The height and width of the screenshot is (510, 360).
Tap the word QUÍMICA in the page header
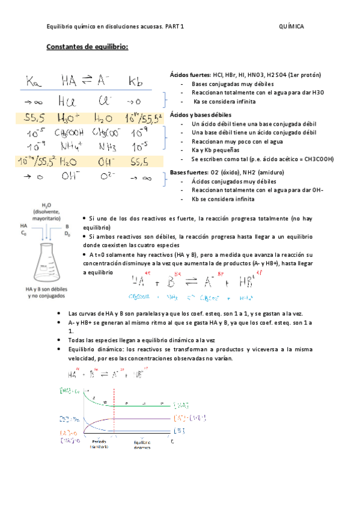coord(291,27)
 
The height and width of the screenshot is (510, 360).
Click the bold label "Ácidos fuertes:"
coord(191,75)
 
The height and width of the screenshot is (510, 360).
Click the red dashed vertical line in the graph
coord(111,415)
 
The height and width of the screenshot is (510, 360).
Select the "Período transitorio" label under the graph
coord(99,444)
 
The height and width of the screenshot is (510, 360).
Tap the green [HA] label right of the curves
coord(183,405)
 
